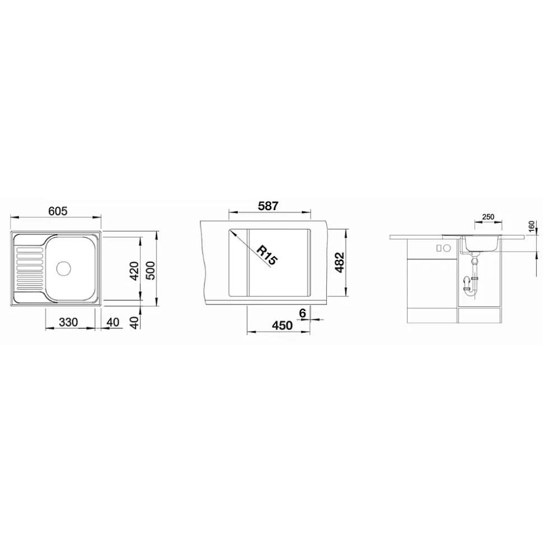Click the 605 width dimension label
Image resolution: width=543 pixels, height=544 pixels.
pos(58,211)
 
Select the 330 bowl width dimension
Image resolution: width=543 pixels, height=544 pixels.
pos(68,322)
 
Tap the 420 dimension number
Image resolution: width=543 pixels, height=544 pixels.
pos(134,271)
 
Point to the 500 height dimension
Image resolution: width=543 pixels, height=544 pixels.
pos(151,271)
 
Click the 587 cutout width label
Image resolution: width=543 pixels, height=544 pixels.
pos(268,206)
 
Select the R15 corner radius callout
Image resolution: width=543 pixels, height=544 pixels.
pos(266,255)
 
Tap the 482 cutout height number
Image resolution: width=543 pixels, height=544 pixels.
pos(340,262)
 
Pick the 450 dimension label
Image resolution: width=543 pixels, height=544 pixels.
pos(282,325)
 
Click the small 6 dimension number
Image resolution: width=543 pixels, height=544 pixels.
pos(302,313)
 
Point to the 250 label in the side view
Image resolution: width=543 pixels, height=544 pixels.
pos(488,217)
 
